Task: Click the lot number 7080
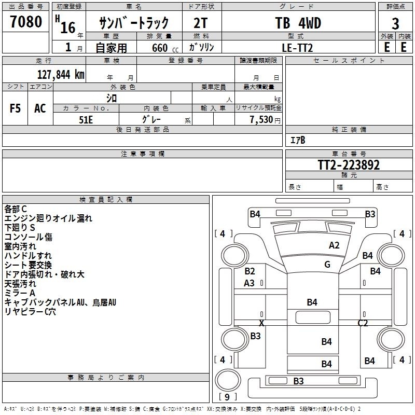(x=25, y=22)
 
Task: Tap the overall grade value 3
(x=395, y=24)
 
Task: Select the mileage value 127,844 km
(x=61, y=74)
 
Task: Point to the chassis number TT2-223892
(x=349, y=165)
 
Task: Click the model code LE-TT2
(x=297, y=47)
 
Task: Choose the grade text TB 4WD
(x=298, y=23)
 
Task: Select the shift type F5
(x=16, y=108)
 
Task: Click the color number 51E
(x=86, y=119)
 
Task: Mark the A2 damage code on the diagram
(x=334, y=245)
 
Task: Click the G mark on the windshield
(x=327, y=265)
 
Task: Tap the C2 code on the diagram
(x=363, y=323)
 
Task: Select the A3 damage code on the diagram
(x=250, y=283)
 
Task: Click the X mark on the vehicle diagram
(x=261, y=323)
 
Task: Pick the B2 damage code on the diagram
(x=250, y=271)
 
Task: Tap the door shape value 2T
(x=202, y=23)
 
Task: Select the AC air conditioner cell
(x=40, y=108)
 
